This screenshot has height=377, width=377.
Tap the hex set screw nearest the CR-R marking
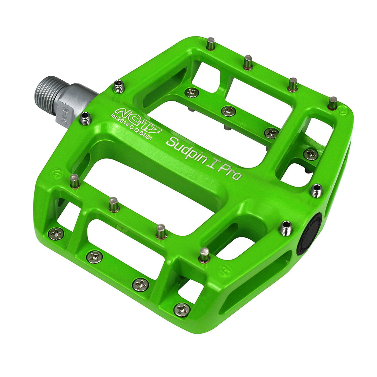pyautogui.click(x=86, y=119)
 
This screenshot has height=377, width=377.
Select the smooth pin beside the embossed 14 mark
pyautogui.click(x=74, y=181)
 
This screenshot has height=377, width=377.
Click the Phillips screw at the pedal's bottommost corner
pyautogui.click(x=182, y=309)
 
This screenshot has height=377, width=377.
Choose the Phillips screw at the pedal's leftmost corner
pyautogui.click(x=57, y=234)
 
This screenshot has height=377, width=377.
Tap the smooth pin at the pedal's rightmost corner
pyautogui.click(x=333, y=103)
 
